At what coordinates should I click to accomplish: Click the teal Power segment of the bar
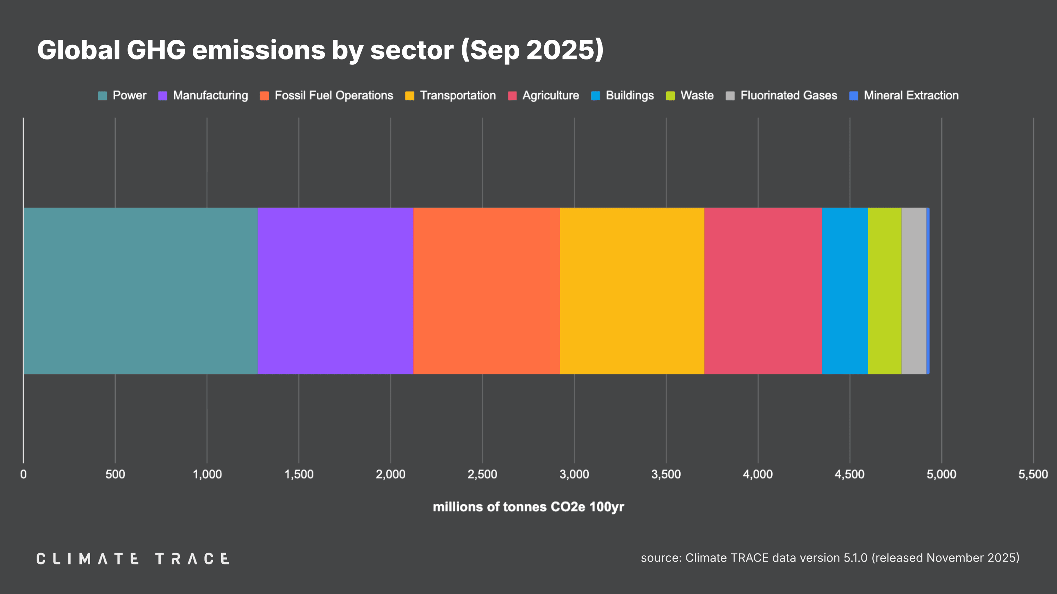(x=140, y=291)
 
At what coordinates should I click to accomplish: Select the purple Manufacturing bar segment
(x=335, y=291)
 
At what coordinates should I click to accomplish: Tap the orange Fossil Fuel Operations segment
(x=486, y=291)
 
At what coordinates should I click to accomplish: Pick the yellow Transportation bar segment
(x=632, y=291)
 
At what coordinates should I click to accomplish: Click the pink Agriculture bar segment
(x=763, y=291)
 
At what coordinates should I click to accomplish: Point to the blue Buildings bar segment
(x=845, y=291)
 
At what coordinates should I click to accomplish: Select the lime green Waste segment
(x=884, y=291)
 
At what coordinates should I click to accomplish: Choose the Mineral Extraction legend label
(x=911, y=95)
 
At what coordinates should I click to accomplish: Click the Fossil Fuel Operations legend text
(x=334, y=95)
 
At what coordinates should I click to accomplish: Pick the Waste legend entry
(x=697, y=95)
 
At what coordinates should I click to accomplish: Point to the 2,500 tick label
(x=482, y=474)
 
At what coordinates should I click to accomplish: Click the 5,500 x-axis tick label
(x=1033, y=474)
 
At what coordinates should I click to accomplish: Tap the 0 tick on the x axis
(x=23, y=474)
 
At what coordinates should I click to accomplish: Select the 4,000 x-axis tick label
(x=758, y=474)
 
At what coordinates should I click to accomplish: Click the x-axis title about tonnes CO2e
(x=528, y=507)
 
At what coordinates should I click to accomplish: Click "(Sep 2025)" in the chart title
(x=532, y=50)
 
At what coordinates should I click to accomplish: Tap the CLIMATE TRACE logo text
(x=132, y=558)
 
